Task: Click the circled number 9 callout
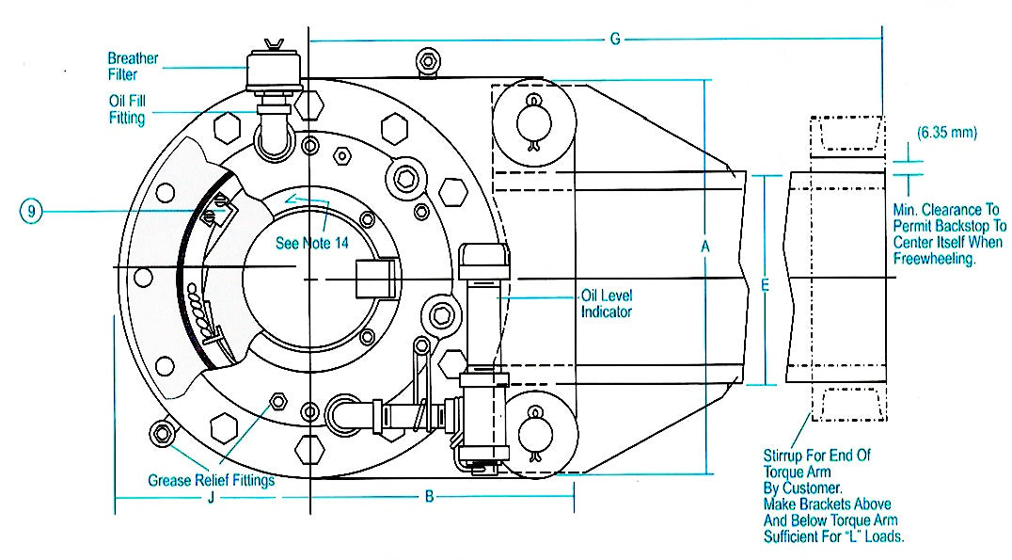point(31,211)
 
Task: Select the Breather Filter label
point(133,66)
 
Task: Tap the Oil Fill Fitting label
point(127,109)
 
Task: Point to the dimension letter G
point(615,40)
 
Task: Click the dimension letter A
point(704,247)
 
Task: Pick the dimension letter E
point(765,285)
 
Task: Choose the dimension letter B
point(429,497)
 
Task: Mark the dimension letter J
point(211,497)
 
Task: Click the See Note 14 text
point(311,243)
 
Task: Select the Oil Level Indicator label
point(606,304)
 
